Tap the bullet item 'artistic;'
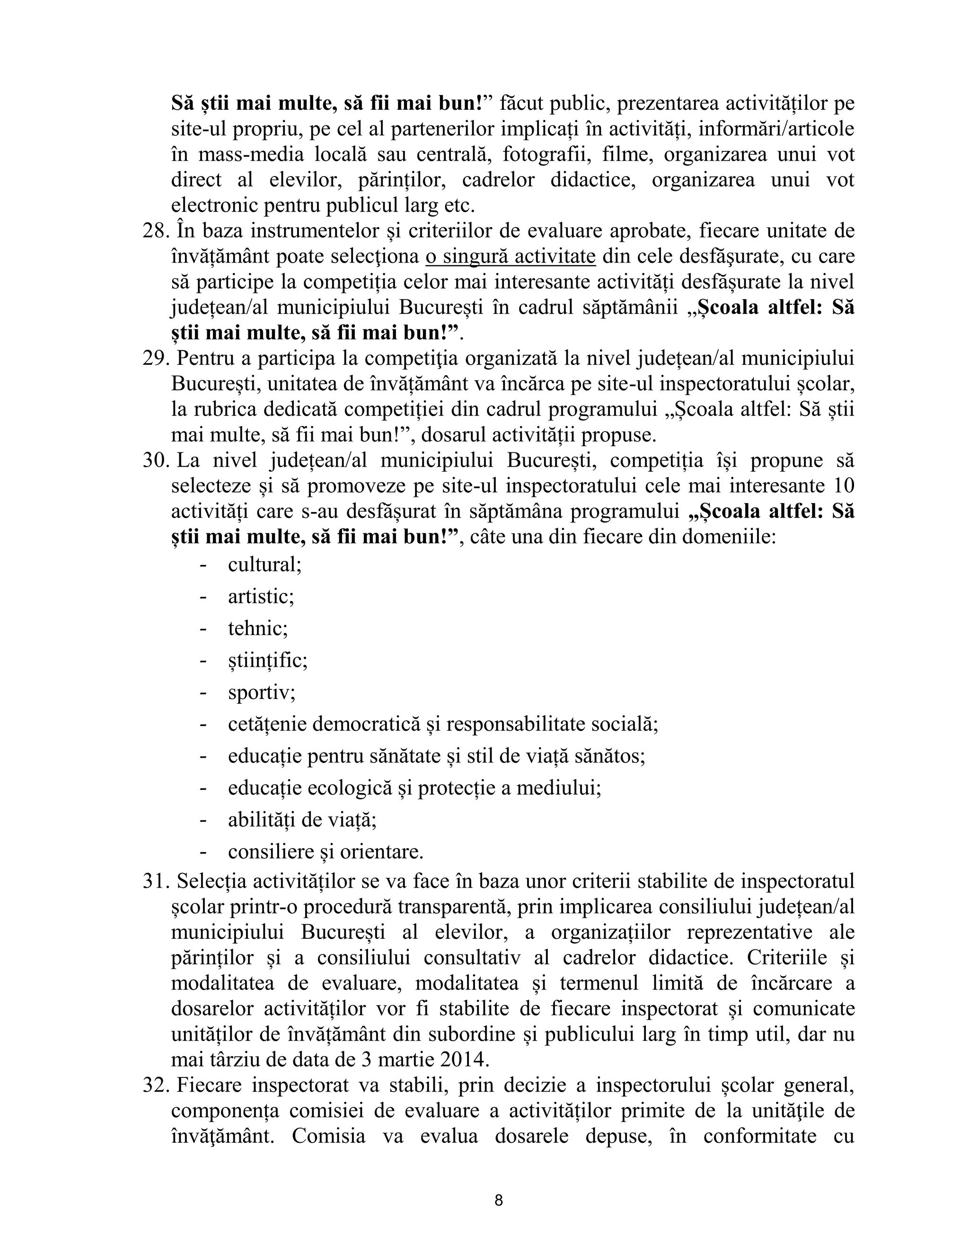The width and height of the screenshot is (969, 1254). point(261,597)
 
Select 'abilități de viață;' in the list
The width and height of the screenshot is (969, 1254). point(302,820)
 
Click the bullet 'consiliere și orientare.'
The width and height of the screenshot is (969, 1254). point(326,851)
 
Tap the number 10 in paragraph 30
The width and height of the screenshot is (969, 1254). point(842,486)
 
